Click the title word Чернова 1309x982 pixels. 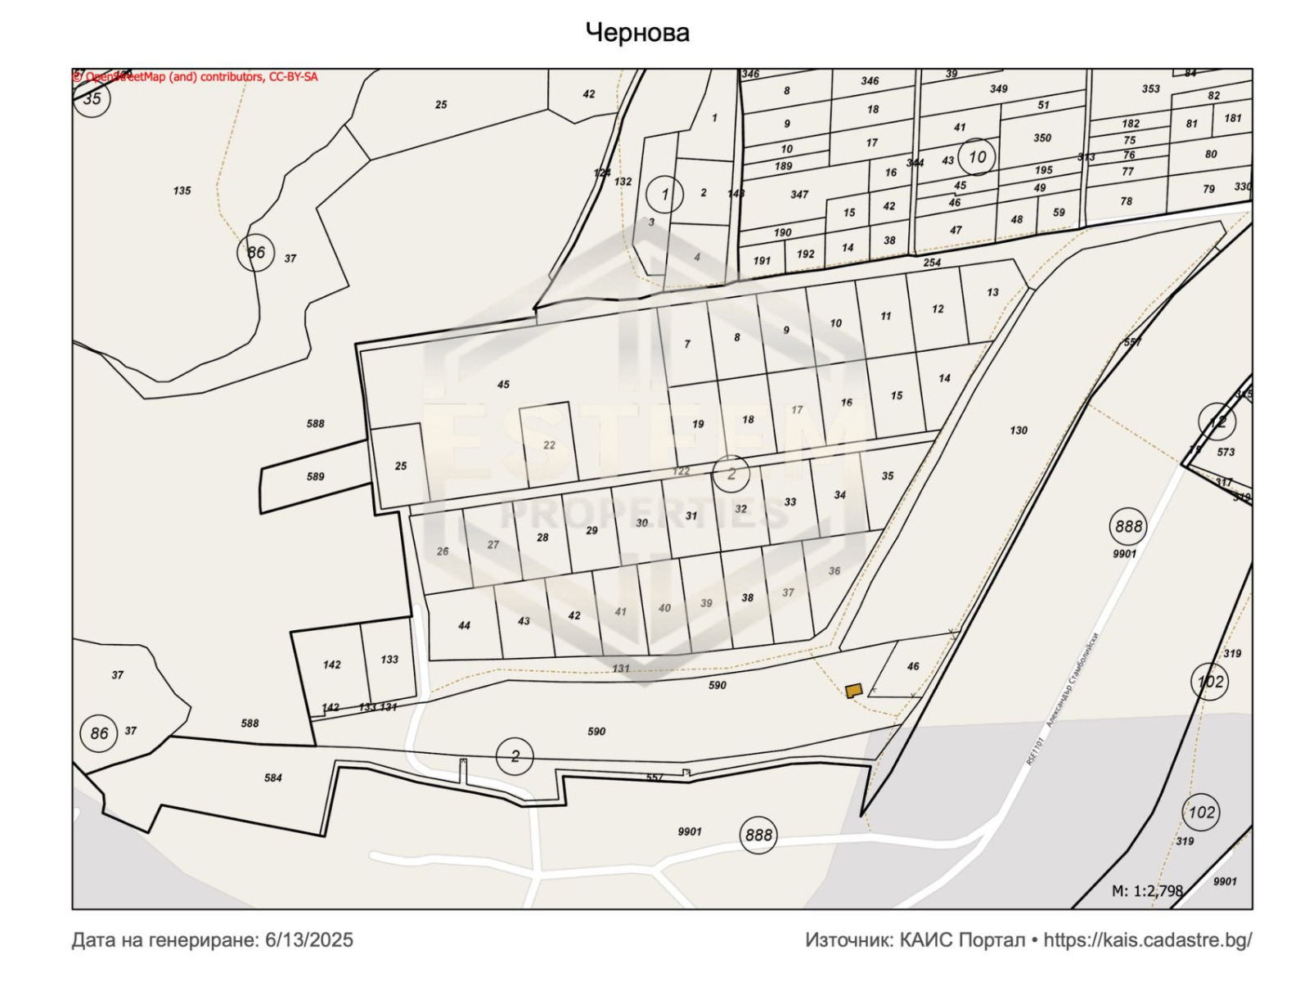(637, 33)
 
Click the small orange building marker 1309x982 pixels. (853, 691)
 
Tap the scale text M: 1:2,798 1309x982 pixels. (1147, 890)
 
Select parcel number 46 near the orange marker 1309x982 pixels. (913, 666)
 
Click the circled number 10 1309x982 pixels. (977, 156)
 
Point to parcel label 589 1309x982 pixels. (315, 476)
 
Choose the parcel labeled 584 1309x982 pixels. (273, 777)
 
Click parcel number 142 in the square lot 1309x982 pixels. (331, 664)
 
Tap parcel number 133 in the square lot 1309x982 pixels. (389, 659)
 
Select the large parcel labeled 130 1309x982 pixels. (1019, 430)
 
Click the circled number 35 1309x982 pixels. (92, 98)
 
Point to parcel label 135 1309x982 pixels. (182, 191)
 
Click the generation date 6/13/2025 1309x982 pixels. (309, 939)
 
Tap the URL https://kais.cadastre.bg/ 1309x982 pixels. (1147, 939)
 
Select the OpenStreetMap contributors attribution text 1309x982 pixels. (196, 77)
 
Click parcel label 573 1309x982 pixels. (1226, 452)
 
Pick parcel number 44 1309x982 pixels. (464, 625)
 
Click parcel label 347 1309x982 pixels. (799, 195)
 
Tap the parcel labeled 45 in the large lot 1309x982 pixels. (503, 384)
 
